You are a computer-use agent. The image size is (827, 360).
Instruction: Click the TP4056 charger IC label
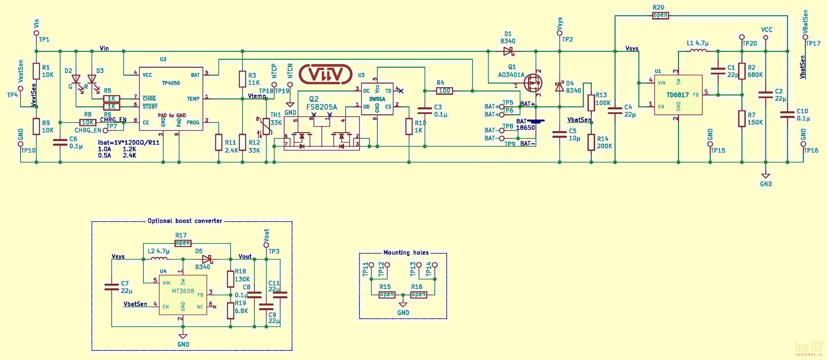coord(171,83)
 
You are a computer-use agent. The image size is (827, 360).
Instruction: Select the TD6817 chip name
coord(677,95)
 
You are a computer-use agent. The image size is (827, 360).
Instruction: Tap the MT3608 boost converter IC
coord(183,291)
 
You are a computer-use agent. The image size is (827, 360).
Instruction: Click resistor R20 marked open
coord(660,15)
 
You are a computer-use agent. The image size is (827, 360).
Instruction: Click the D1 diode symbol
coord(508,51)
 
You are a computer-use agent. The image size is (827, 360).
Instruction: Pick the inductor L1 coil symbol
coord(698,51)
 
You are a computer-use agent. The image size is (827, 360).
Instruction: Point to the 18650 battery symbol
coord(536,122)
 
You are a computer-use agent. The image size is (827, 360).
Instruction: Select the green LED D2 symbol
coord(76,80)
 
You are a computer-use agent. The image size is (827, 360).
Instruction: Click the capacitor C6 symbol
coord(60,142)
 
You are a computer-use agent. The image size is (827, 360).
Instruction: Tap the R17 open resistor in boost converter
coord(183,243)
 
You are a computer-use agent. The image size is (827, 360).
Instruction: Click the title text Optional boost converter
coord(185,221)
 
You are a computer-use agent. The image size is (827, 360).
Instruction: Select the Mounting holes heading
coord(406,253)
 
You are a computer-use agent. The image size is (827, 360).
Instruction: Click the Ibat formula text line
coord(129,143)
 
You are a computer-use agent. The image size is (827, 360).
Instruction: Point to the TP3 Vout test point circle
coord(266,245)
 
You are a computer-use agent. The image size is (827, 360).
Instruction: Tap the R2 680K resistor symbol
coord(742,71)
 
